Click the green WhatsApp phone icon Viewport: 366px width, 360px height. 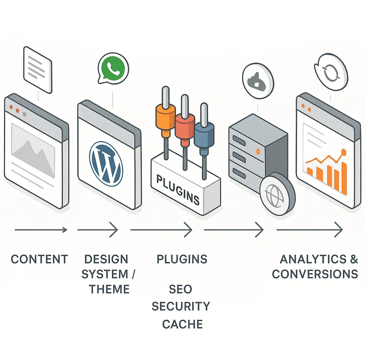(x=113, y=68)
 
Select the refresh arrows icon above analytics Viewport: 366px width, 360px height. (x=329, y=71)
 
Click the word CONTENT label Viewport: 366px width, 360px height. (x=40, y=259)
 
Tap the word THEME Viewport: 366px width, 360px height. (x=109, y=289)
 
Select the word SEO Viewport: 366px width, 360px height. (x=181, y=289)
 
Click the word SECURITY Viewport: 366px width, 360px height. (x=181, y=306)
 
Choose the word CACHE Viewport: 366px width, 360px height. (x=182, y=324)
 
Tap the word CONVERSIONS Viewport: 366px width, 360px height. (x=315, y=274)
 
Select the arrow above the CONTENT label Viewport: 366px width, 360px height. (x=41, y=230)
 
